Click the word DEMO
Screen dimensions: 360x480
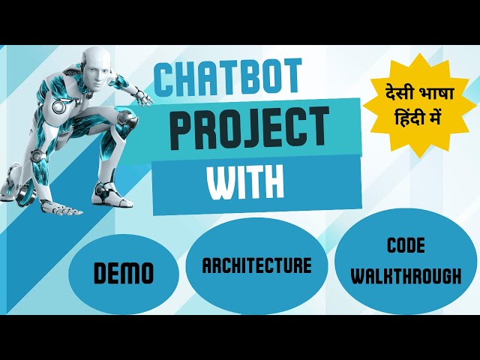(124, 274)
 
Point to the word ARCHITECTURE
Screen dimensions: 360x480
(256, 265)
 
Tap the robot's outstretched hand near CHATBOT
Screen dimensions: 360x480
(142, 96)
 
